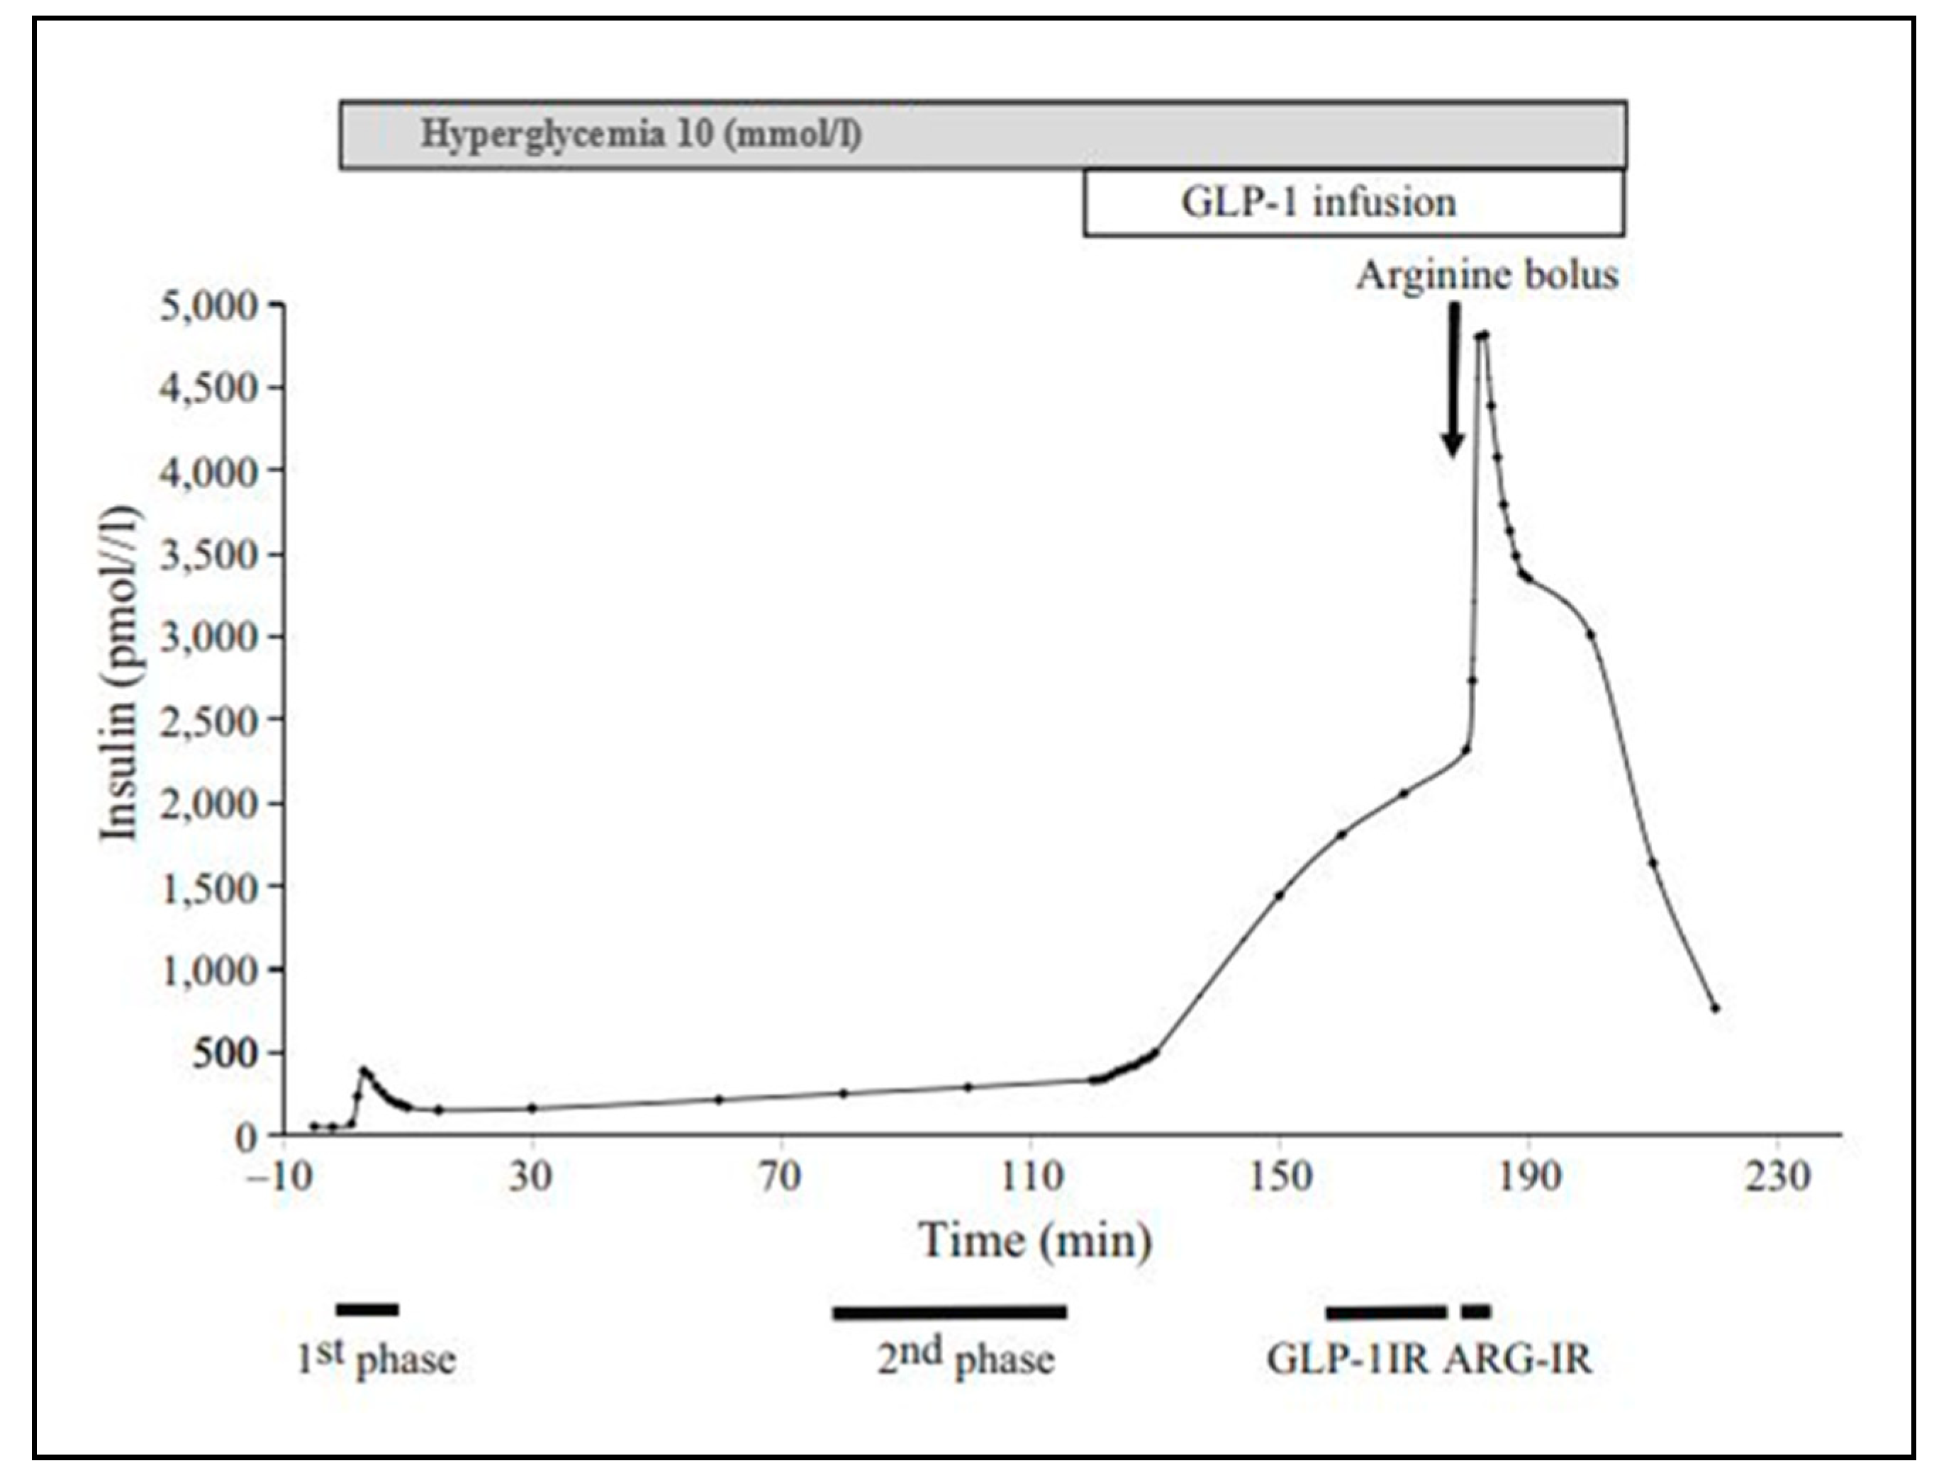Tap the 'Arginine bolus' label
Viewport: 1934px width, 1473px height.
[x=1487, y=276]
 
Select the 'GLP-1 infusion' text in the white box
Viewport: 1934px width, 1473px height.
[x=1318, y=203]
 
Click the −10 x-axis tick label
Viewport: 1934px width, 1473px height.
[x=282, y=1175]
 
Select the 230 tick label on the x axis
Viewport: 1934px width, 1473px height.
[x=1777, y=1175]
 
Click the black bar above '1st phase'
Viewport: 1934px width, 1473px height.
[x=367, y=1310]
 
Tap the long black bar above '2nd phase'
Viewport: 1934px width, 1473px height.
[x=949, y=1313]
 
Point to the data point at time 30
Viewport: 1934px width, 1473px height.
[x=532, y=1107]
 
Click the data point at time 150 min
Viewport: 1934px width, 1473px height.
[x=1279, y=895]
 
